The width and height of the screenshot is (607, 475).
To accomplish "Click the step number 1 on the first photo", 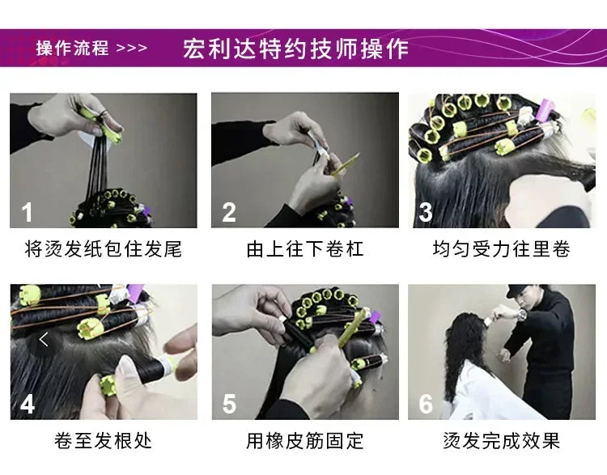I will tap(28, 214).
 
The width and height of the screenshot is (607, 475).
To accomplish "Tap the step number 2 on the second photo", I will tap(229, 214).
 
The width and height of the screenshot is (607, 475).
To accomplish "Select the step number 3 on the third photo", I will tap(427, 214).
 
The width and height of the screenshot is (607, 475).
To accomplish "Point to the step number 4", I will tap(28, 403).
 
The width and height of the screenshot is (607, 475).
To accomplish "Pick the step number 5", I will tap(229, 403).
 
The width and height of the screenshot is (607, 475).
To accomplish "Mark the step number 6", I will tap(427, 403).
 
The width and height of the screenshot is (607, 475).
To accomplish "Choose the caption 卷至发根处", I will tap(104, 441).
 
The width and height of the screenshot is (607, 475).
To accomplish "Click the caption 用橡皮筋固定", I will tap(305, 441).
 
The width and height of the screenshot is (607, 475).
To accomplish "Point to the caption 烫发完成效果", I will tap(502, 441).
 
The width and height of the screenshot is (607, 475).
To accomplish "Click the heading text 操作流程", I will tap(72, 48).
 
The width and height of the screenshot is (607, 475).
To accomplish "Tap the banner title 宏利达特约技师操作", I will tap(296, 48).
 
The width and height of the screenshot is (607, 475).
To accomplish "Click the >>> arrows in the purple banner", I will tap(132, 48).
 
